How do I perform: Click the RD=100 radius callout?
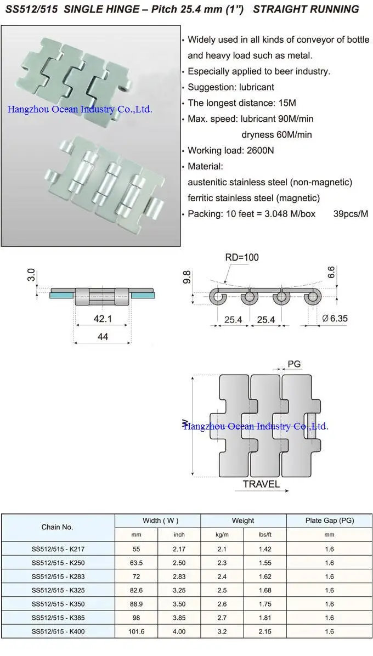(x=242, y=257)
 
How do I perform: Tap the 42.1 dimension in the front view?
(x=103, y=318)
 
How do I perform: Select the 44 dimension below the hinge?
(x=103, y=337)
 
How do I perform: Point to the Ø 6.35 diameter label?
(x=335, y=319)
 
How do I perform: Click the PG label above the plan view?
(x=294, y=364)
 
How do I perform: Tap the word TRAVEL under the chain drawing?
(x=261, y=484)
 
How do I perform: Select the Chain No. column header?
(x=57, y=527)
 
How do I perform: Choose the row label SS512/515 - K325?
(x=58, y=590)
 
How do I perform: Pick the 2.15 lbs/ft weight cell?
(x=264, y=631)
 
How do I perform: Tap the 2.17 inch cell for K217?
(x=179, y=549)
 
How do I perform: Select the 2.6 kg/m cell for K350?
(x=222, y=604)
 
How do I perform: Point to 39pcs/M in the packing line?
(x=351, y=214)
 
